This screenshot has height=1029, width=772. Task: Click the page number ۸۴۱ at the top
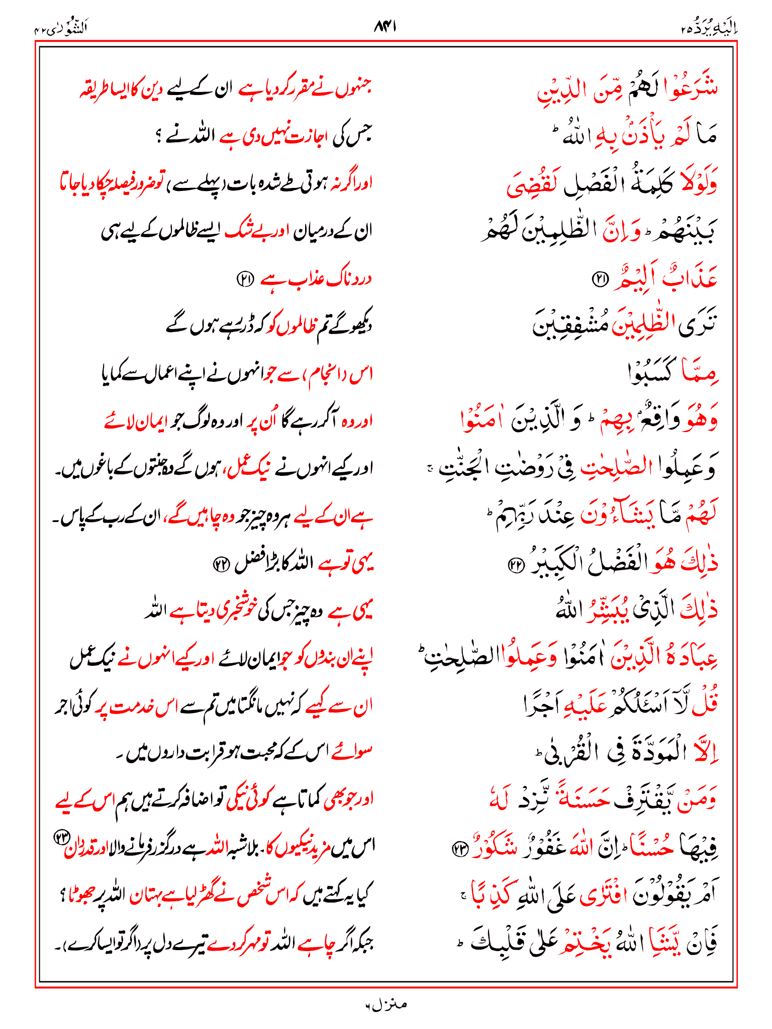click(385, 26)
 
